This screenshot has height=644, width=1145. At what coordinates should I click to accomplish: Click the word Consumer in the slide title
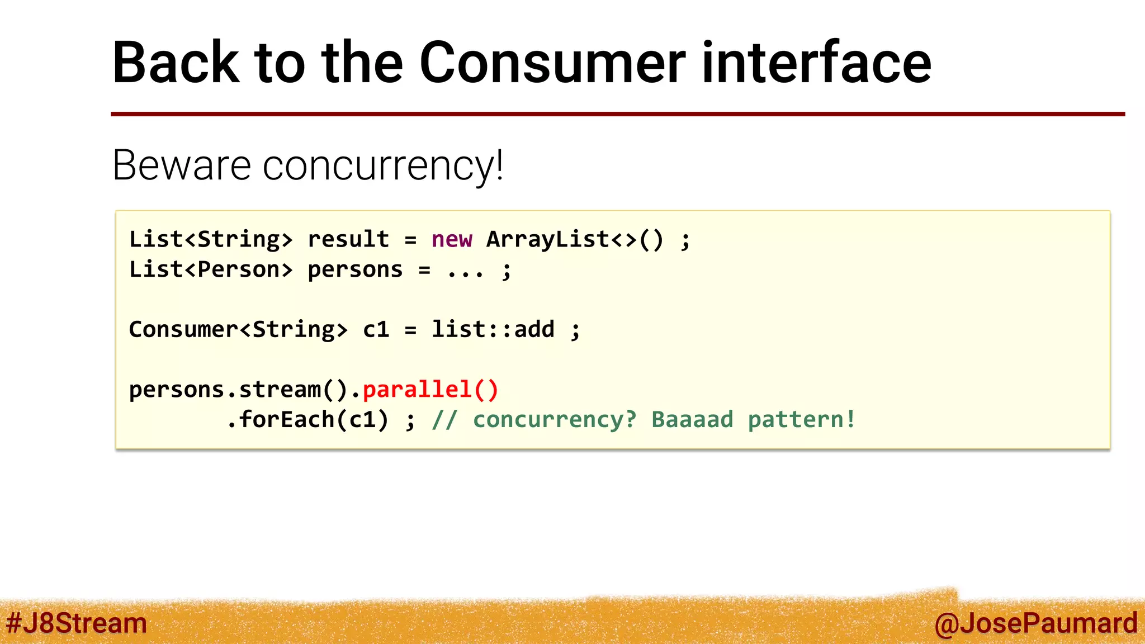click(x=552, y=63)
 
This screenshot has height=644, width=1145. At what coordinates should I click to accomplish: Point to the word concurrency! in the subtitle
click(x=384, y=167)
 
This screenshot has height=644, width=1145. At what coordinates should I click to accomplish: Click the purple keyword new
click(x=452, y=240)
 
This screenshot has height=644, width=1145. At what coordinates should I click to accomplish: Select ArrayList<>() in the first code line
click(x=575, y=240)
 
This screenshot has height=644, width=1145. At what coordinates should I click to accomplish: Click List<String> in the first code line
click(x=211, y=240)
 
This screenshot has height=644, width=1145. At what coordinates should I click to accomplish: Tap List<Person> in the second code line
click(x=211, y=270)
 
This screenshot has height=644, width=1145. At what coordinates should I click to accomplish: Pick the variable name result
click(x=348, y=240)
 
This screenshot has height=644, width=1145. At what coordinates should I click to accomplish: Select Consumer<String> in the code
click(x=238, y=330)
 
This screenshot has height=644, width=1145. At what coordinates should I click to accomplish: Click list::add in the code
click(x=493, y=330)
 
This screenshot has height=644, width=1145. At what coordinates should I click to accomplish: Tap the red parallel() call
click(x=430, y=390)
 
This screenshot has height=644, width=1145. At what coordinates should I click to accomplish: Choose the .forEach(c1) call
click(x=307, y=420)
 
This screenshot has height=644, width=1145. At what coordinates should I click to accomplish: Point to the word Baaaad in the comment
click(x=692, y=420)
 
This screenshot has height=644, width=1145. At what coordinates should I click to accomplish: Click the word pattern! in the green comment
click(x=802, y=420)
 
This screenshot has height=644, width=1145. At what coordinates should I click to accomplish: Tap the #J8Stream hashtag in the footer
click(x=77, y=623)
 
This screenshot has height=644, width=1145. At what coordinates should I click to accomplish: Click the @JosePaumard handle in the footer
click(x=1036, y=623)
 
